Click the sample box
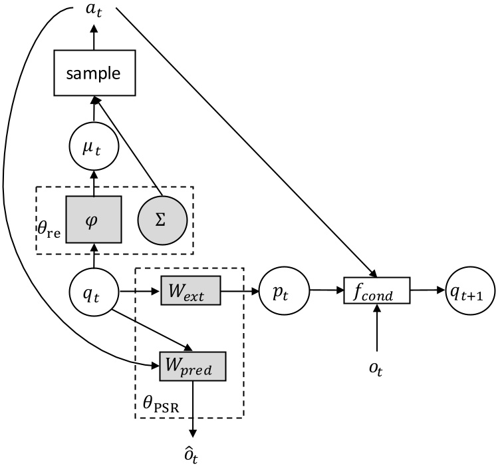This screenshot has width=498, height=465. point(93,73)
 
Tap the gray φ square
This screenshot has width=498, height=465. point(93,220)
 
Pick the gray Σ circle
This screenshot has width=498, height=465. point(159,220)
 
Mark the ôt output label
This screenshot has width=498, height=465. point(193,454)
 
